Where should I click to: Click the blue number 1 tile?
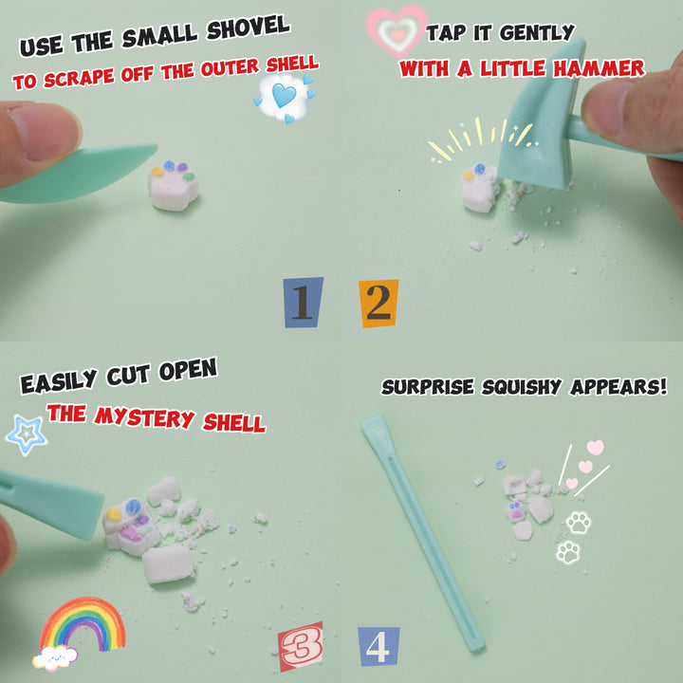click(304, 302)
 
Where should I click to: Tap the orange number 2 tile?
click(378, 304)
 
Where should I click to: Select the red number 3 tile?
click(301, 646)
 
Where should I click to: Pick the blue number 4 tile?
click(378, 646)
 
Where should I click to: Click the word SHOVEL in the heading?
click(249, 28)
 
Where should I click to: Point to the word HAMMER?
click(599, 68)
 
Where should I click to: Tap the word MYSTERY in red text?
click(144, 416)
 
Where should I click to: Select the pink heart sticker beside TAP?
click(397, 30)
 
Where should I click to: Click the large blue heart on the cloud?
click(284, 95)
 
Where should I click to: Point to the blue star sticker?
click(27, 434)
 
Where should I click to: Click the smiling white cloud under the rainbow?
click(55, 657)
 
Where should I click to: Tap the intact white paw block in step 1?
click(174, 186)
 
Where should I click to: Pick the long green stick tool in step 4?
click(422, 531)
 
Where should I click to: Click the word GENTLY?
click(537, 32)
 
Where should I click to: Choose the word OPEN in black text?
click(188, 371)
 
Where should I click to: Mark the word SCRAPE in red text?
click(79, 78)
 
